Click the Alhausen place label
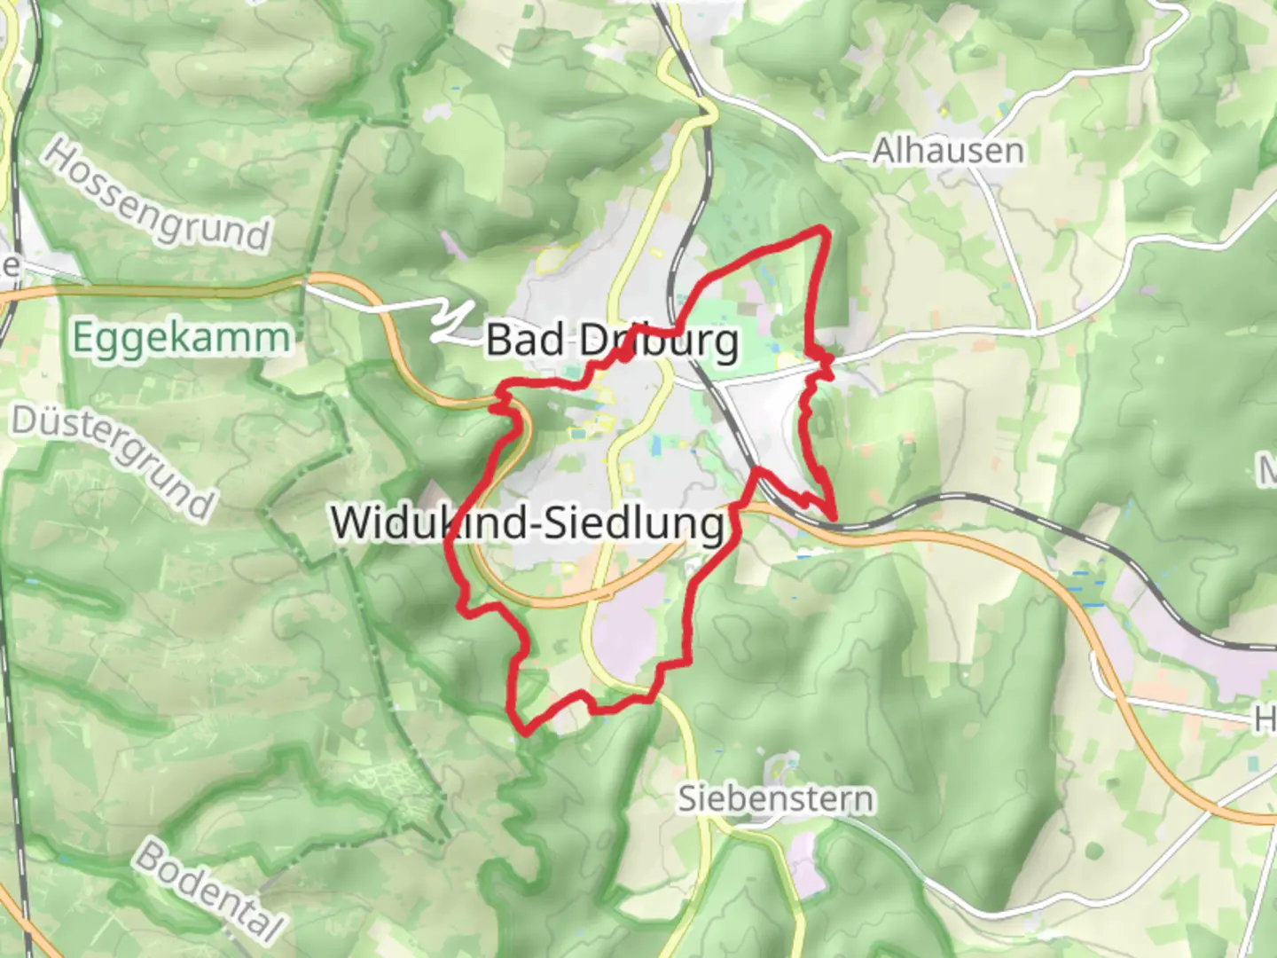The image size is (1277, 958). tap(948, 151)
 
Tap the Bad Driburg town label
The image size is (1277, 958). tap(612, 341)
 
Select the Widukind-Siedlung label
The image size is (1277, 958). tap(529, 522)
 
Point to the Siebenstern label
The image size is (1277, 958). tap(776, 799)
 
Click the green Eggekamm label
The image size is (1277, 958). tap(181, 338)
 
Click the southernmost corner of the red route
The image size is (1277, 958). tap(525, 733)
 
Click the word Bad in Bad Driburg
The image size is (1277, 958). tap(525, 341)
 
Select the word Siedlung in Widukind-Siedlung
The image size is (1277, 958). tap(634, 522)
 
